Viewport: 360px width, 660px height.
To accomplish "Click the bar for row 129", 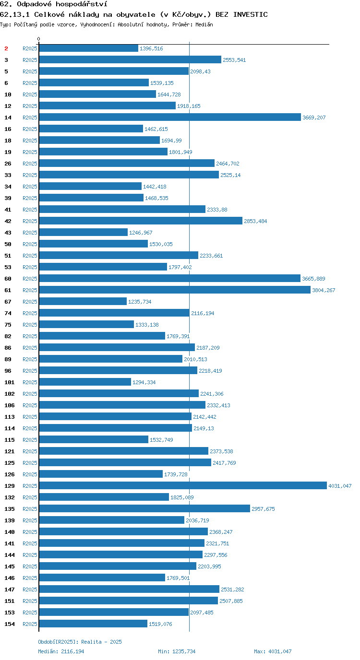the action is [183, 485].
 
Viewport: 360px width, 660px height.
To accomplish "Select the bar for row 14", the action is [170, 117].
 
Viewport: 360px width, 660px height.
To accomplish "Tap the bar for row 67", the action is [83, 301].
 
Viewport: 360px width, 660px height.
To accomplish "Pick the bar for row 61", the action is [175, 290].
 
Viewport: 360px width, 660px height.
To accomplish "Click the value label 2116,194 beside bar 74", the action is [203, 313].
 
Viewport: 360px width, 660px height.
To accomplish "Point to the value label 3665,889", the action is [313, 279].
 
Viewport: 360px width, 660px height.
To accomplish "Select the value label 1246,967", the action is [141, 233].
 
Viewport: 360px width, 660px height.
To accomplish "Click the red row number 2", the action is [6, 48].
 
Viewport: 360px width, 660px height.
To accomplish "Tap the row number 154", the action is [10, 624].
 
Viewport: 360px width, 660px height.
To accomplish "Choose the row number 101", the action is [10, 382].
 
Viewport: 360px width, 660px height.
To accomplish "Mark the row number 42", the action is [8, 221].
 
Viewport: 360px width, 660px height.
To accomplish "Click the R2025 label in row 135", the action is [30, 509].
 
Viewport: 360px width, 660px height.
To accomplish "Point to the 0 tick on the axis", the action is [38, 39].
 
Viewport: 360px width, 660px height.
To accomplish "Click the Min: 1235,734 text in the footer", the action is [177, 651].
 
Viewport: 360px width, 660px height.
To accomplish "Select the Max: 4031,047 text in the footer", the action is [273, 651].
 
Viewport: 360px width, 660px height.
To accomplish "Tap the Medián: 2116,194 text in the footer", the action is [61, 651].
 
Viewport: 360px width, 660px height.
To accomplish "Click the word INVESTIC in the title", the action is [250, 14].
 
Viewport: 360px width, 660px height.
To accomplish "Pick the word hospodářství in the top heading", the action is [82, 4].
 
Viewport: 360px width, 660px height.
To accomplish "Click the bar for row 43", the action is [84, 232].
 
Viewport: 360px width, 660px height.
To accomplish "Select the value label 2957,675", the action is [263, 509].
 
